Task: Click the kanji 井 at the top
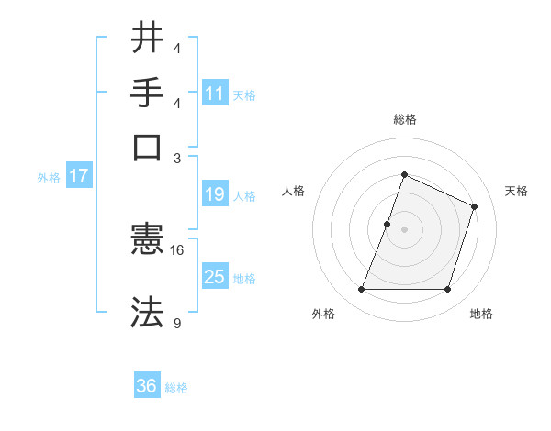(x=148, y=39)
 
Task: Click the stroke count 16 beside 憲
(x=177, y=249)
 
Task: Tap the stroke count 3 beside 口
(x=177, y=157)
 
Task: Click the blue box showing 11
(x=215, y=93)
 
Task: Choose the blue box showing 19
(x=215, y=194)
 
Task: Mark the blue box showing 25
(x=215, y=277)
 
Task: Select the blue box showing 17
(x=79, y=176)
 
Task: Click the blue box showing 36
(x=147, y=386)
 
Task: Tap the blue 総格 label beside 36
(x=176, y=388)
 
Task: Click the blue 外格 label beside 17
(x=49, y=178)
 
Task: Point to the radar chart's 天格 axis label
(x=516, y=191)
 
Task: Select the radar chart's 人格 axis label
(x=293, y=191)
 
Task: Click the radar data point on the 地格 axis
(x=448, y=290)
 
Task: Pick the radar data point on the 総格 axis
(x=404, y=174)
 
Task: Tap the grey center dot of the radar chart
(x=404, y=229)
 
